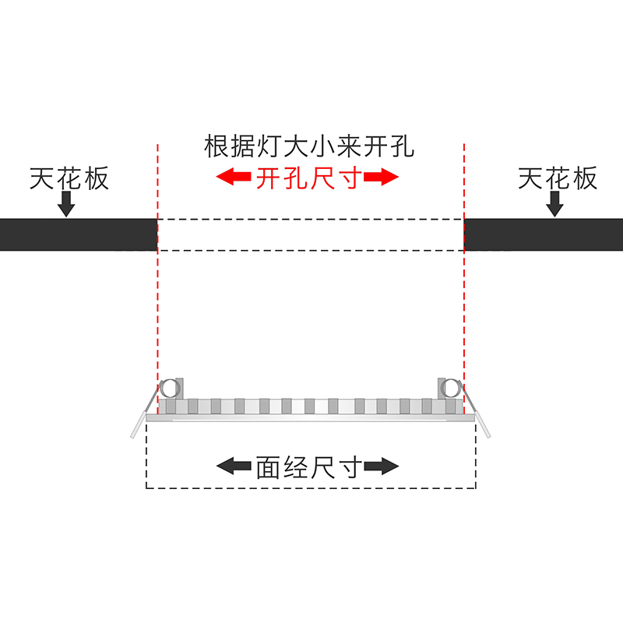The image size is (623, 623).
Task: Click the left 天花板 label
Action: point(69,178)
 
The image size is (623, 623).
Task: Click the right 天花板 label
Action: point(558,178)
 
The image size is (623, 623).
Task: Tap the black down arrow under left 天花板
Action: point(68,204)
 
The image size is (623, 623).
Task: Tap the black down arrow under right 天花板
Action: point(555,204)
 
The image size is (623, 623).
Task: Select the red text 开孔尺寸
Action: point(308,178)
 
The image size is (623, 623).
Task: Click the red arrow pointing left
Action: point(232,178)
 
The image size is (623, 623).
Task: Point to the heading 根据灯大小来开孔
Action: point(308,146)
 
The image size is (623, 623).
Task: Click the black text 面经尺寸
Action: point(308,467)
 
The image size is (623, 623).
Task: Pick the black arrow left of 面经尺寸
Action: point(232,467)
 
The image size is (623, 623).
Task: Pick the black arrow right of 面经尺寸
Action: point(382,467)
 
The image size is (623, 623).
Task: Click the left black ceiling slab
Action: point(78,234)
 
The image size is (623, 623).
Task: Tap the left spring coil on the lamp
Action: point(168,388)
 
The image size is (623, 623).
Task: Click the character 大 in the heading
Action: point(308,146)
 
